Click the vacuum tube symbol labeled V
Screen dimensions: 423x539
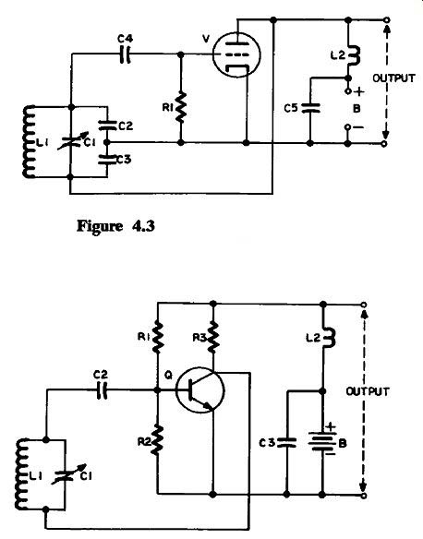point(236,54)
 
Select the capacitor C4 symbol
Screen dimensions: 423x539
point(125,54)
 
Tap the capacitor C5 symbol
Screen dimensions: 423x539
point(310,108)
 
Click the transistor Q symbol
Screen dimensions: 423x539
point(199,390)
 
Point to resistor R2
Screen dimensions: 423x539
point(158,439)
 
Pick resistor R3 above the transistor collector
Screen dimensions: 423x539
point(212,337)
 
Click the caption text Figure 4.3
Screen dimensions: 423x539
point(115,226)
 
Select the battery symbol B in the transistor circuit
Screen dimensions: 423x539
point(322,442)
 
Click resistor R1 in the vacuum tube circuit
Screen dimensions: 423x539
point(180,107)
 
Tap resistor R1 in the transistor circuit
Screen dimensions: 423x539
point(158,337)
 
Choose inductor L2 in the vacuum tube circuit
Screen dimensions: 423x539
point(352,55)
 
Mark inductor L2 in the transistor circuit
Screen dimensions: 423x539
point(327,338)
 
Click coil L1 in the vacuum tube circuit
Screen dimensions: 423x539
point(30,141)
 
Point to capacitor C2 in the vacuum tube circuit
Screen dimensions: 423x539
point(107,126)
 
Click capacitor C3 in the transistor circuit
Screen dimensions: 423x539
point(286,442)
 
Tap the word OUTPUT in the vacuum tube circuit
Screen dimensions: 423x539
point(393,78)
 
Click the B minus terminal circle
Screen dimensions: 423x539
point(347,127)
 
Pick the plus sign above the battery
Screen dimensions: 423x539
point(330,426)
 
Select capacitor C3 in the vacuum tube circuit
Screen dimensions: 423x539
point(107,159)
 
